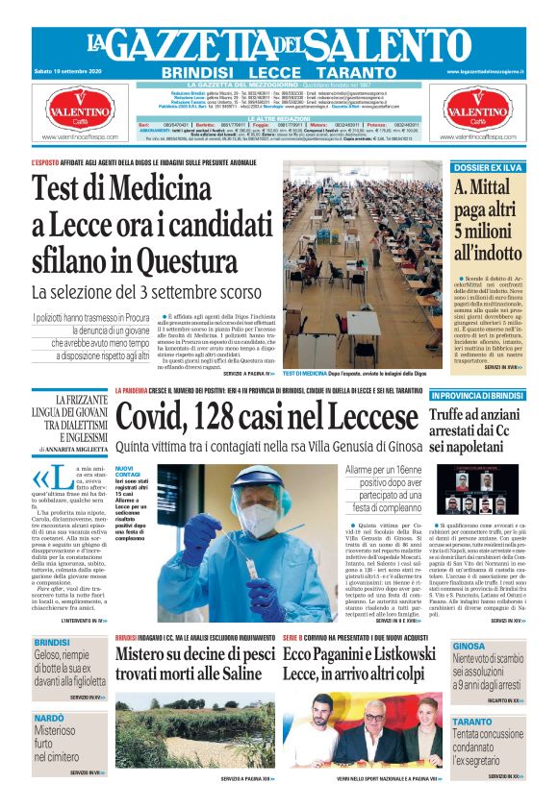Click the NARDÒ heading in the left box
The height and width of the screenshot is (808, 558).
coord(49,719)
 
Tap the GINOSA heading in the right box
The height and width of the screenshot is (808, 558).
coord(469,646)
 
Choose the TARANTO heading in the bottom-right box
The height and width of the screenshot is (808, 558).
coord(472,721)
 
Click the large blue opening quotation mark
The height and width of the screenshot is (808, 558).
coord(39,477)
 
